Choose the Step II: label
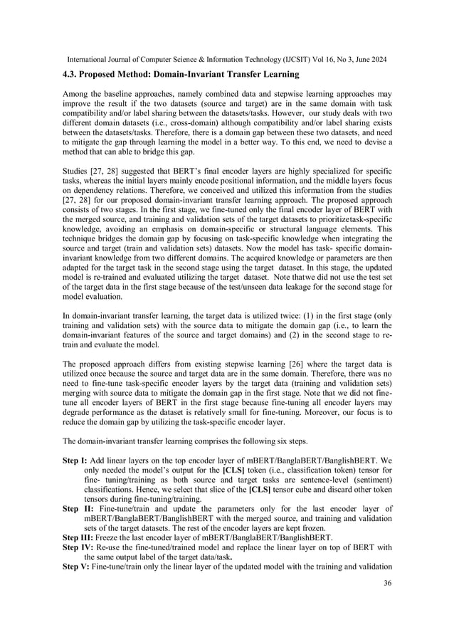[x=76, y=509]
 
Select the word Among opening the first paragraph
[x=76, y=94]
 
